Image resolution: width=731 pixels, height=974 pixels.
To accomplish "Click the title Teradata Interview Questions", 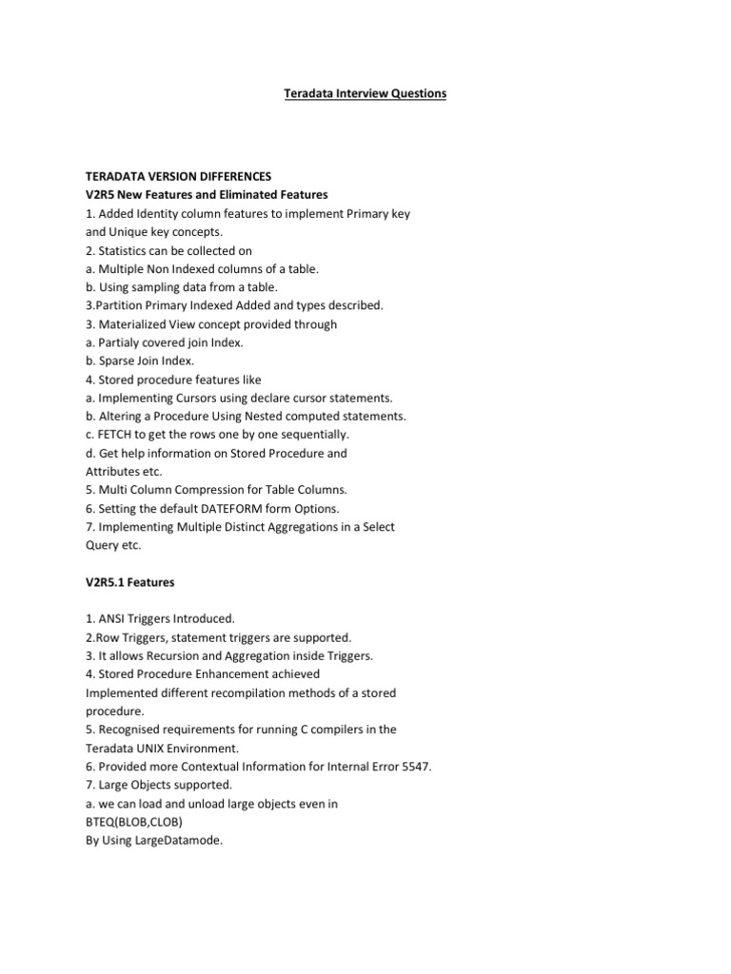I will pos(365,94).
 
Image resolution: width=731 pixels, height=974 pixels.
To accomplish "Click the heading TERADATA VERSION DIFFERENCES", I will pos(179,177).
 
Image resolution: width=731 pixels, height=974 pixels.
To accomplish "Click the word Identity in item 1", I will pos(155,214).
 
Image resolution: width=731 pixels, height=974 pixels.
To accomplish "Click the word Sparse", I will pos(120,360).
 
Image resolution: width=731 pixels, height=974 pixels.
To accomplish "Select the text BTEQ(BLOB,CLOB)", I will pos(134,822).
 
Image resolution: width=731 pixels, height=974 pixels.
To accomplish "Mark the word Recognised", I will pos(134,730).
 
